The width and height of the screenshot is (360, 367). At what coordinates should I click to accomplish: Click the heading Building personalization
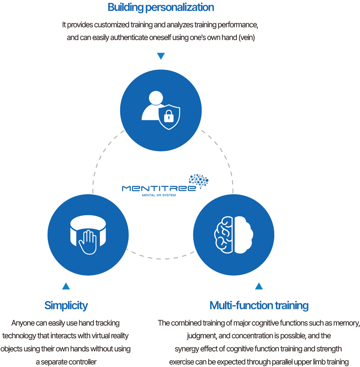[x=161, y=8]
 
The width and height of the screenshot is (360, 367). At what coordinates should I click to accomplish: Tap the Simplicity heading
[x=66, y=306]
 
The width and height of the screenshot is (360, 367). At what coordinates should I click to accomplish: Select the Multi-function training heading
[x=259, y=306]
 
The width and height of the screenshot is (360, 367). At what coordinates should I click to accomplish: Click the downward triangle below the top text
[x=161, y=56]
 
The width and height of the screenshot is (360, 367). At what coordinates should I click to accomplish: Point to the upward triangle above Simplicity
[x=66, y=286]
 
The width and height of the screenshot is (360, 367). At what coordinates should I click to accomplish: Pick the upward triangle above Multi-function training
[x=259, y=286]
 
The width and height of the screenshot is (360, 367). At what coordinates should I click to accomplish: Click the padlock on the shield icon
[x=169, y=116]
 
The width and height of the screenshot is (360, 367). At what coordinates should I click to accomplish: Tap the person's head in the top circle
[x=156, y=98]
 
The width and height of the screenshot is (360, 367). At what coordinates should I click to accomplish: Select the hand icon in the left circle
[x=88, y=242]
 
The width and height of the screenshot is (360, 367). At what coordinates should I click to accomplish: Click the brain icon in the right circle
[x=234, y=235]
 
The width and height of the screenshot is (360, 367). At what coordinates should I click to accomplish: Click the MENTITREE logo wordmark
[x=159, y=188]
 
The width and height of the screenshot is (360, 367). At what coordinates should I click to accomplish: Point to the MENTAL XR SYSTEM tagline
[x=159, y=195]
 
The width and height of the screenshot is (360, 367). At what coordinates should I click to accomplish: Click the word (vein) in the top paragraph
[x=247, y=38]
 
